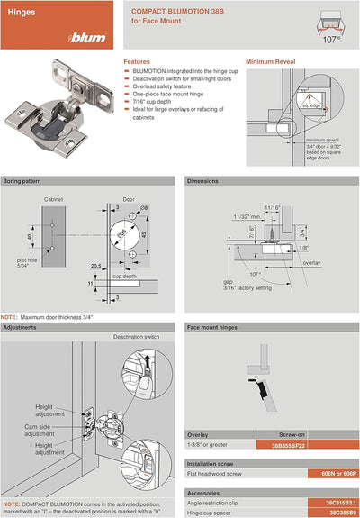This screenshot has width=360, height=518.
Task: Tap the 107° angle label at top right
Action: click(x=331, y=40)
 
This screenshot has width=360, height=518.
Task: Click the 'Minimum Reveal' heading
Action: click(x=274, y=62)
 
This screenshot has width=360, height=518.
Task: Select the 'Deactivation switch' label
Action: click(x=137, y=336)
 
